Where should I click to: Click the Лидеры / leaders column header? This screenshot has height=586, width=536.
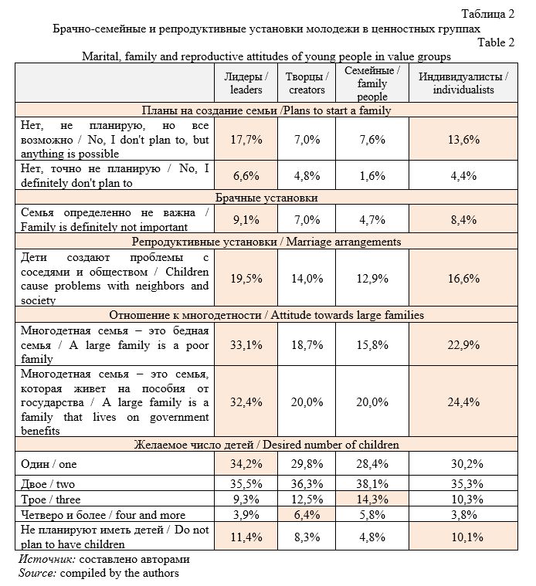coord(246,83)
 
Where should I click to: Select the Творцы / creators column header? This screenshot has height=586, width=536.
coord(305,83)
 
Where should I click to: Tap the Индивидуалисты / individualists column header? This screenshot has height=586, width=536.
coord(463,83)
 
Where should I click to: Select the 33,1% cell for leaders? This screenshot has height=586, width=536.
coord(246,343)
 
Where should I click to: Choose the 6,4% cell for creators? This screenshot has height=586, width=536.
coord(305,514)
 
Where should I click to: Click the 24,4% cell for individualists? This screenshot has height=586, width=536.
coord(463,401)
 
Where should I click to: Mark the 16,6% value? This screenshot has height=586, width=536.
coord(463,279)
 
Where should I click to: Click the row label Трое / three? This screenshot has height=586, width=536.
coord(49,499)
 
